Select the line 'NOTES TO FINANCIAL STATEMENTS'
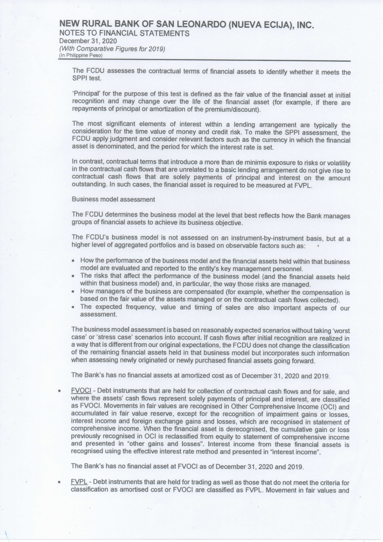124,33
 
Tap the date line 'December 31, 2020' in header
88,41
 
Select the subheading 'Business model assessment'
113,200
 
